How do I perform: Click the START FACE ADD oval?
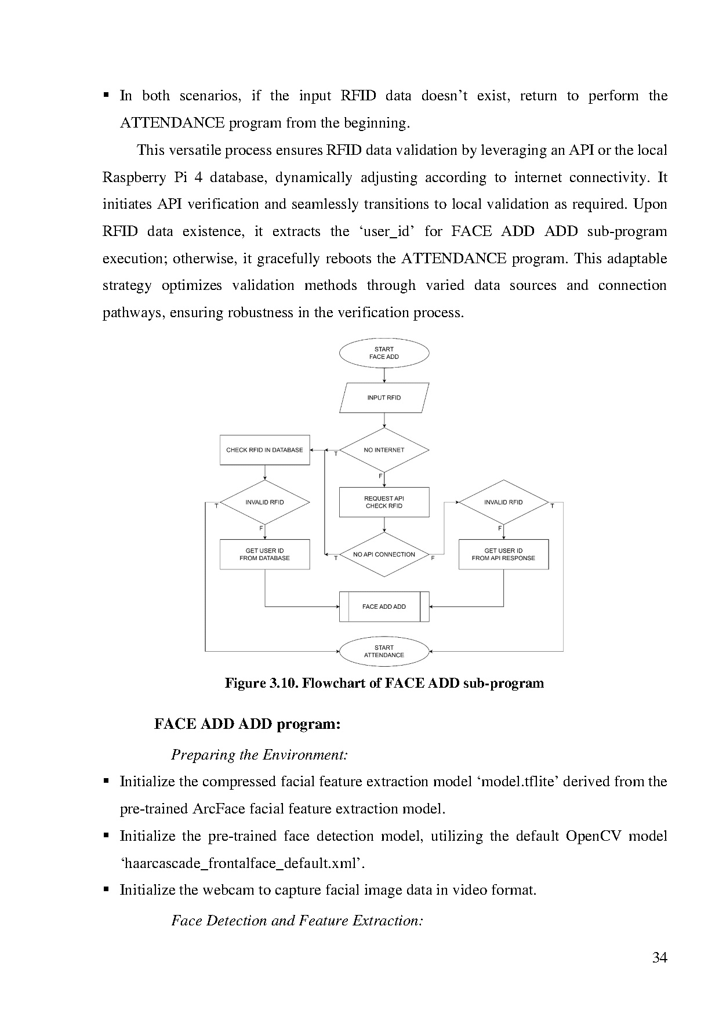[x=384, y=353]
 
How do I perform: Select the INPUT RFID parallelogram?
[x=384, y=398]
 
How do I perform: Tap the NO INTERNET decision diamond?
[x=384, y=450]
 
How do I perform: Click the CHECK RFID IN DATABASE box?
[x=265, y=450]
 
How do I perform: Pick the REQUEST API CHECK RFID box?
[x=384, y=502]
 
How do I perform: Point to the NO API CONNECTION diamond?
[x=384, y=554]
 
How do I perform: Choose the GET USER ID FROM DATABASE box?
[x=265, y=554]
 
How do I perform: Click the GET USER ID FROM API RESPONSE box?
[x=503, y=554]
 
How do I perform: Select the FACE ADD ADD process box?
[x=384, y=606]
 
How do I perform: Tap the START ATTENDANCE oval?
[x=384, y=651]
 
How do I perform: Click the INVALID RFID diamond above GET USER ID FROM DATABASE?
[x=265, y=502]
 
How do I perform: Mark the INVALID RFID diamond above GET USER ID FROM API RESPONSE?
[x=503, y=502]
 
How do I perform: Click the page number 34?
[x=660, y=957]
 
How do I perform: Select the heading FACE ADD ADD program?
[x=247, y=724]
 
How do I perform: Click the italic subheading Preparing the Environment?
[x=259, y=755]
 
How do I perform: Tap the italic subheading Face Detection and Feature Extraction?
[x=297, y=921]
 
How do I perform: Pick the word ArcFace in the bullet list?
[x=215, y=809]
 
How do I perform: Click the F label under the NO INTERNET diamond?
[x=381, y=476]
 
